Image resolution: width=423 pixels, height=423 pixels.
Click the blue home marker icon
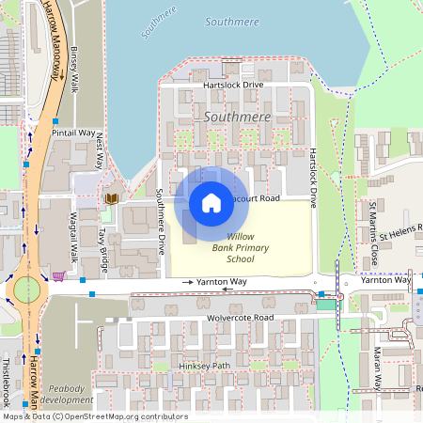[x=211, y=202]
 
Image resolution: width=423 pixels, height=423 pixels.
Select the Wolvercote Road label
[x=240, y=318]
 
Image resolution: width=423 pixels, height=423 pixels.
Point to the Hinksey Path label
[x=203, y=366]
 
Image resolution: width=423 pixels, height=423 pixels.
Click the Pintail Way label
[x=74, y=133]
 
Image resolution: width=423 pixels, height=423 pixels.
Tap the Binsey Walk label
[x=75, y=71]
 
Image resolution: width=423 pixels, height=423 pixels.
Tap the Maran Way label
[x=376, y=368]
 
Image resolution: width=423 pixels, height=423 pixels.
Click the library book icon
[x=112, y=198]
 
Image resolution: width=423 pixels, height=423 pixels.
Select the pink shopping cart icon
[x=58, y=276]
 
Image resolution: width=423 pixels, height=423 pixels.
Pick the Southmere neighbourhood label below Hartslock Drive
[x=237, y=117]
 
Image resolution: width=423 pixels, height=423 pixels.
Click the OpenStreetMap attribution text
[x=94, y=416]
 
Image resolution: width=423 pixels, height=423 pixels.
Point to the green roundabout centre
[x=26, y=289]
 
